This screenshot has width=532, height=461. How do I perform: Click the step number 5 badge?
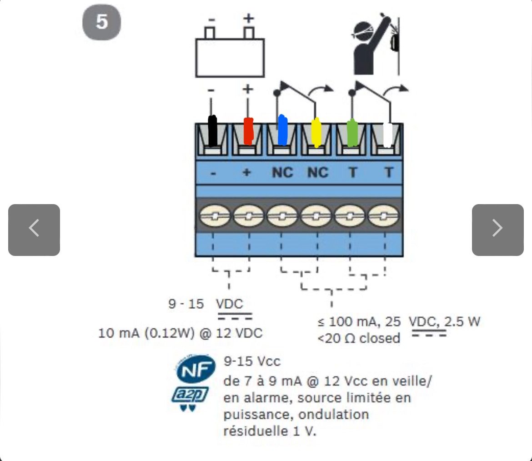[x=101, y=22]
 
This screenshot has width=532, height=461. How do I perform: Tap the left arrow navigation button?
[x=34, y=230]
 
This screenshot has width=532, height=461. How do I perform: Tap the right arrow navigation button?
[x=498, y=230]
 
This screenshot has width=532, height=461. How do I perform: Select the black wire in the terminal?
[x=212, y=131]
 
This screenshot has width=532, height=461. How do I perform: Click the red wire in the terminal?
[x=248, y=131]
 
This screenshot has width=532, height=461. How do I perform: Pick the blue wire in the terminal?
[x=283, y=130]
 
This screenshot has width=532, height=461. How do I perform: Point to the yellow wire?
[x=316, y=133]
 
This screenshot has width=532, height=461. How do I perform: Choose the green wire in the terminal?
[x=352, y=133]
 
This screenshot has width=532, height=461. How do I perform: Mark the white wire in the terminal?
[x=387, y=135]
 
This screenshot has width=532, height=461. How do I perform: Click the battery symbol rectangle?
[x=230, y=58]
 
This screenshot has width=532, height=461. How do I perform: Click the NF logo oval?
[x=196, y=369]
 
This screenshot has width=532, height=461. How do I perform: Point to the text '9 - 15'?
[x=186, y=304]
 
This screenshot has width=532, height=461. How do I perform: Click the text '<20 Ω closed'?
[x=359, y=339]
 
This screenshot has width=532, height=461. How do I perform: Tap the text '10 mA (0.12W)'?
[x=146, y=333]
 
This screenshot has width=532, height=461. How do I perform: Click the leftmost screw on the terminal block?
[x=215, y=216]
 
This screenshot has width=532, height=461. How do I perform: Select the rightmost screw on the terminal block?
[x=383, y=216]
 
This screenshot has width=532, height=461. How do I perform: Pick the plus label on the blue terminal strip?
[x=246, y=172]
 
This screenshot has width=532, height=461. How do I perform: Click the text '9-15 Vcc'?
[x=252, y=361]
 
